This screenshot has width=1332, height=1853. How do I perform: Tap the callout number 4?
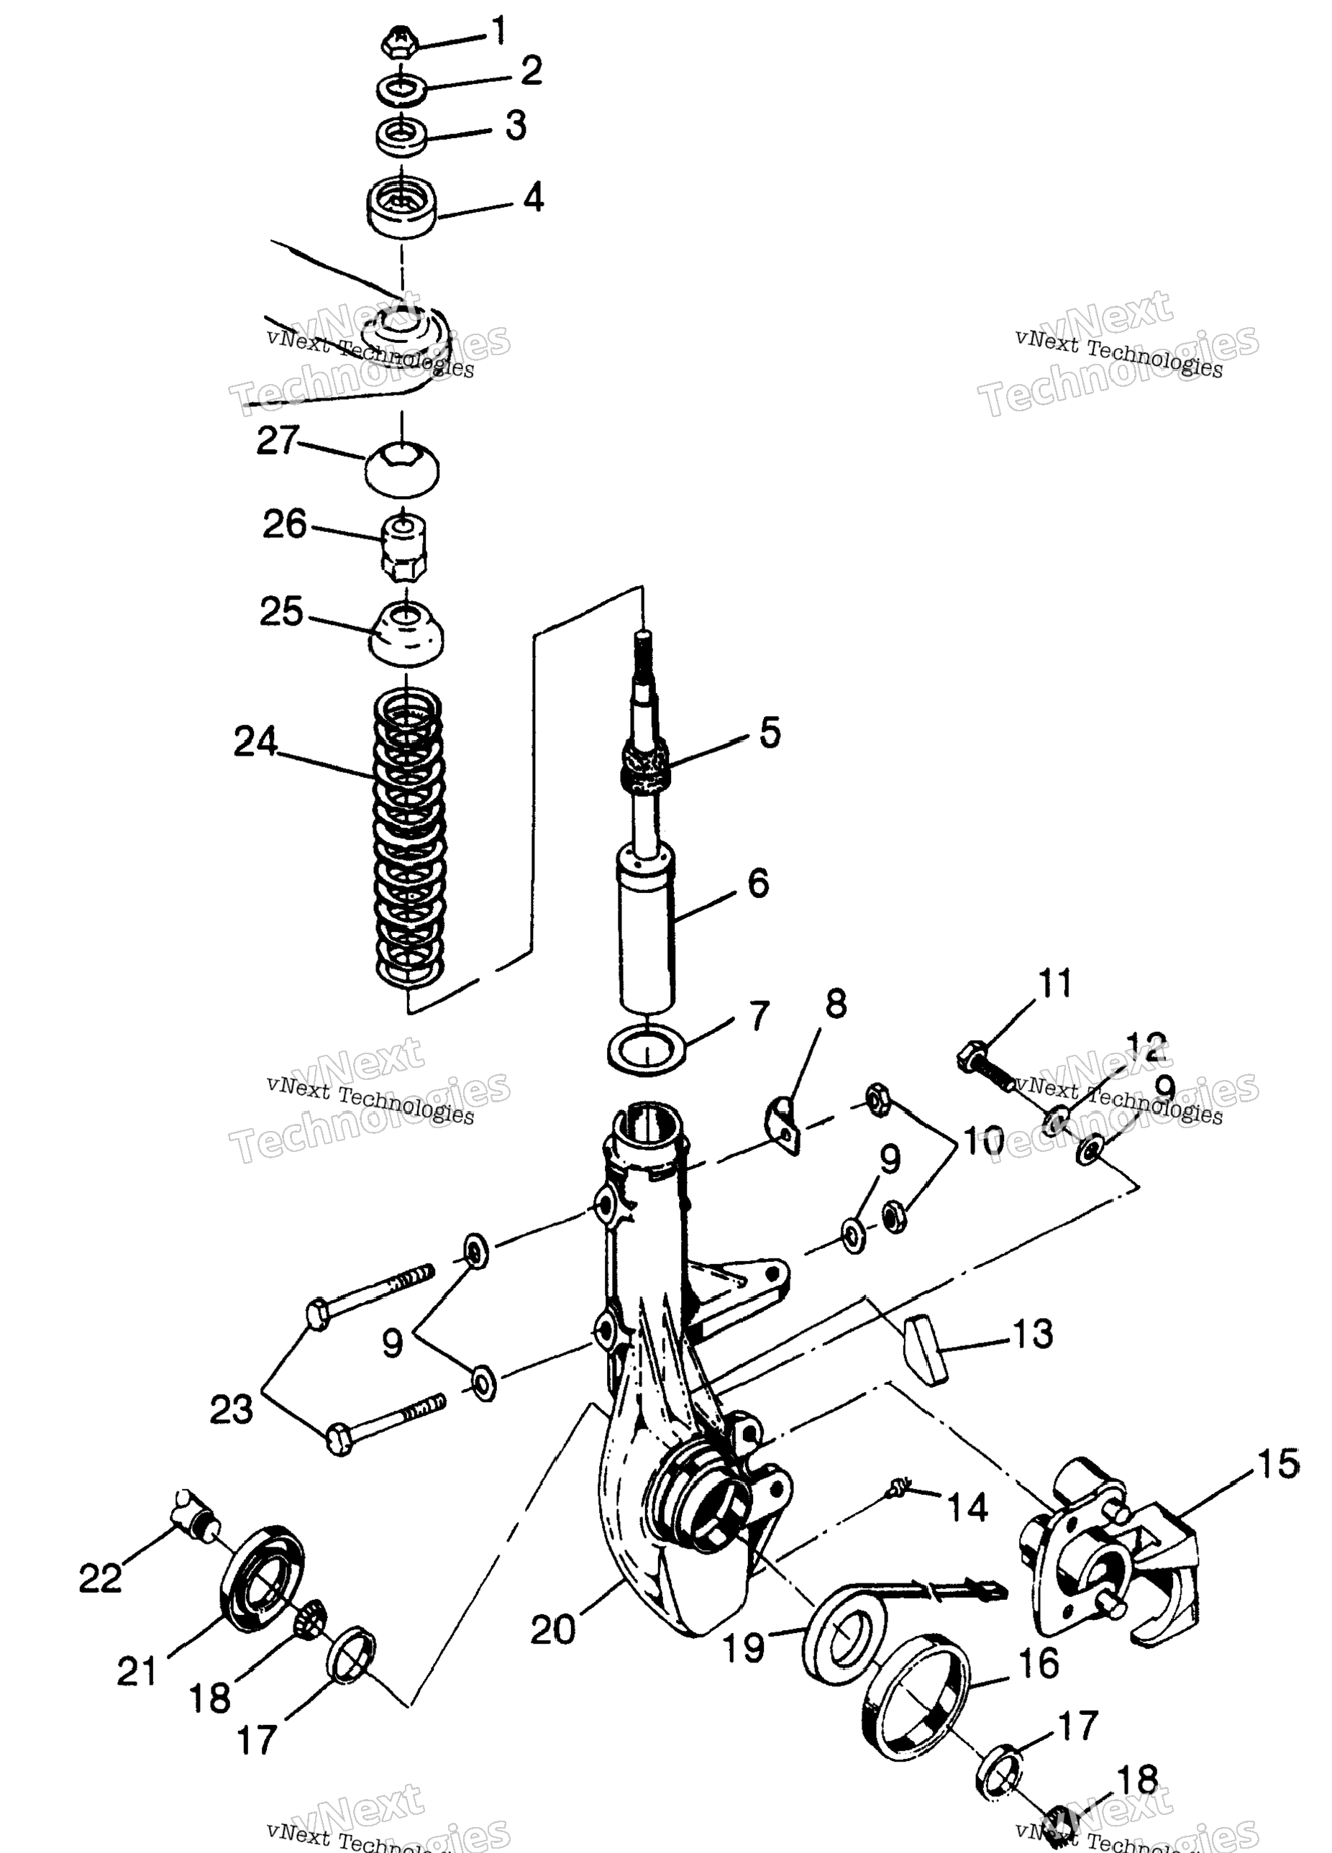click(533, 198)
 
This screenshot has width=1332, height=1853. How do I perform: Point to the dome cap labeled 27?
click(401, 468)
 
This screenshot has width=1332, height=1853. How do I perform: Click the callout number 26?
click(283, 523)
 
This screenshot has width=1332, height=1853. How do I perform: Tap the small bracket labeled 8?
click(784, 1126)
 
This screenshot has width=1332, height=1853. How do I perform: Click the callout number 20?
click(552, 1629)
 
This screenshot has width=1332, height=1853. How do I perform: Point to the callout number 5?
click(769, 732)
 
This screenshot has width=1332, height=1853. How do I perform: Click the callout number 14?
click(967, 1506)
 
